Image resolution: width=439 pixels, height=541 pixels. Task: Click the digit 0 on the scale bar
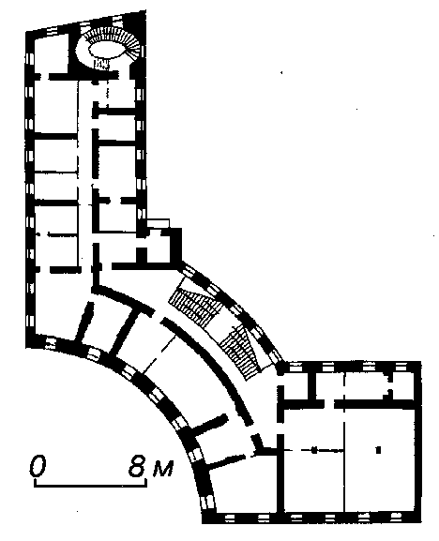[38, 466]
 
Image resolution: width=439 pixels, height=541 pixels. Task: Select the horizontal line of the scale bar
[90, 486]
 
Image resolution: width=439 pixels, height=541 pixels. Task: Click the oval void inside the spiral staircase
[105, 49]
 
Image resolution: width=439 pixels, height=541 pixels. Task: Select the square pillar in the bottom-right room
[378, 450]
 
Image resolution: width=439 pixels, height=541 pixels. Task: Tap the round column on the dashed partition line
[313, 450]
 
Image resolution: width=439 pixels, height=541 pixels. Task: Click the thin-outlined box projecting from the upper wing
[159, 223]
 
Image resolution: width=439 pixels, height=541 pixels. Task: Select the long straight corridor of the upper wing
[85, 173]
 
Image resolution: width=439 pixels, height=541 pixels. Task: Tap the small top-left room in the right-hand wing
[297, 385]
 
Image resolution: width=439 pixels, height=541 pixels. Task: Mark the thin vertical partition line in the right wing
[344, 442]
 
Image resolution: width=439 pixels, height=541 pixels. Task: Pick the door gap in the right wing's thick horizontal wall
[329, 404]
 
